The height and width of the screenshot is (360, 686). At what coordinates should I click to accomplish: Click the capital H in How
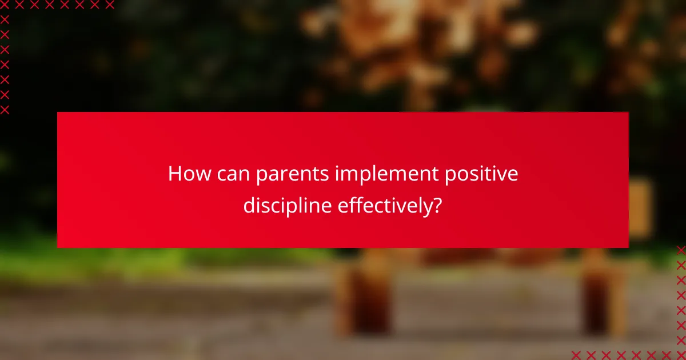tap(174, 174)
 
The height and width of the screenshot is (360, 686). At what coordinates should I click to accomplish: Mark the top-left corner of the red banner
tap(58, 113)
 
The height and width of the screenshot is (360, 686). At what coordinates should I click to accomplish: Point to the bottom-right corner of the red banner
tap(628, 247)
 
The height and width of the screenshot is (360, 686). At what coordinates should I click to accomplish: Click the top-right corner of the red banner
tap(628, 113)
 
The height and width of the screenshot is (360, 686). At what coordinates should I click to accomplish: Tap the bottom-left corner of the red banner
tap(58, 247)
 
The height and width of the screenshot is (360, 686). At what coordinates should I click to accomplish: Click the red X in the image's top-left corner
tap(5, 5)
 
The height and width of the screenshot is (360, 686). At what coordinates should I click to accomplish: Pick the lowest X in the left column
tap(5, 109)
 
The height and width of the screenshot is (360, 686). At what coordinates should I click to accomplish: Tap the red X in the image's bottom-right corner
tap(681, 355)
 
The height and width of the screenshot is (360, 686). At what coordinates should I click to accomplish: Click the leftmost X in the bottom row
tap(576, 355)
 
